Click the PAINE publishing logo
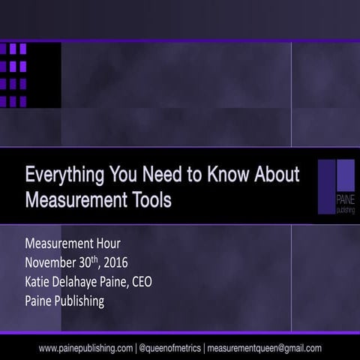[335, 187]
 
